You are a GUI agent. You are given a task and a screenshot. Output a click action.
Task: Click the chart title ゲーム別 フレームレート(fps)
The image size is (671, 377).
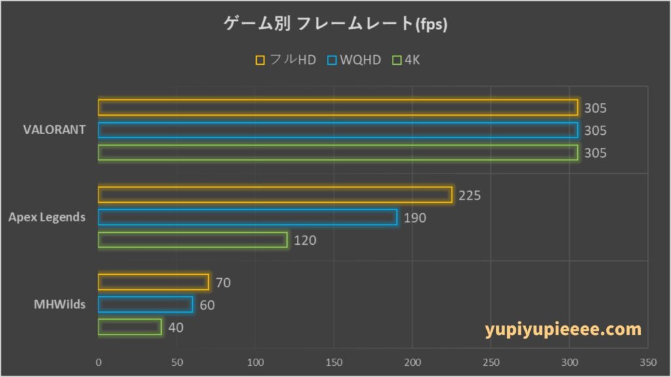pyautogui.click(x=335, y=25)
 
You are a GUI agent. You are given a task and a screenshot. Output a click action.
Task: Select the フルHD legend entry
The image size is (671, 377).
pyautogui.click(x=286, y=60)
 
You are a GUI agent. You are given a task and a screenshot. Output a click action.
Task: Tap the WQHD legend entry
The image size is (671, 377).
pyautogui.click(x=354, y=60)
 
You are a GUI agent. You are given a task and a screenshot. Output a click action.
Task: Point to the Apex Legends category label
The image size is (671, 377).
pyautogui.click(x=47, y=217)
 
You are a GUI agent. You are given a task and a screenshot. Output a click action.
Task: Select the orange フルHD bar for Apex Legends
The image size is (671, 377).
pyautogui.click(x=275, y=195)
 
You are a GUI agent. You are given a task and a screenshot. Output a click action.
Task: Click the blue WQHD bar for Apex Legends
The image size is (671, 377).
pyautogui.click(x=248, y=217)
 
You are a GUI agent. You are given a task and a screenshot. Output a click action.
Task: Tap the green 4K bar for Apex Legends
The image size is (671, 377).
pyautogui.click(x=193, y=240)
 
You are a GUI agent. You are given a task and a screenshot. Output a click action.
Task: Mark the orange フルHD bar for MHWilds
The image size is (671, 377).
pyautogui.click(x=153, y=282)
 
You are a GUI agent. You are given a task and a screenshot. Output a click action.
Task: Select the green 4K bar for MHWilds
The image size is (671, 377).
pyautogui.click(x=130, y=327)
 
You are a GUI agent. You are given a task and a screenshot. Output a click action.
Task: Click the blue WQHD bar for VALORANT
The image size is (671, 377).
pyautogui.click(x=338, y=130)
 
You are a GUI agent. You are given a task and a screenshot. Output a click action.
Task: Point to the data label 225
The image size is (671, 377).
pyautogui.click(x=470, y=196)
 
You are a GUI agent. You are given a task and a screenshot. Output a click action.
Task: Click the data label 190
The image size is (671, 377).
pyautogui.click(x=415, y=218)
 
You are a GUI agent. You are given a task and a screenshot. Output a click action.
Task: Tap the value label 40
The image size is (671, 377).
pyautogui.click(x=176, y=327)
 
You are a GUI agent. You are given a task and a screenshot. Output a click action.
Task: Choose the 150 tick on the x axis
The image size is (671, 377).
pyautogui.click(x=334, y=361)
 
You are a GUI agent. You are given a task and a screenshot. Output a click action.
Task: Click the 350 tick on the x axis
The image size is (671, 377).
pyautogui.click(x=648, y=361)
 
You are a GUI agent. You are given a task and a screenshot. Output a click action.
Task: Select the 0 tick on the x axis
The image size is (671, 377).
pyautogui.click(x=98, y=361)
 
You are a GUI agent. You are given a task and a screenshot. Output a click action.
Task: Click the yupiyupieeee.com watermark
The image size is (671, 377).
pyautogui.click(x=564, y=329)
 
